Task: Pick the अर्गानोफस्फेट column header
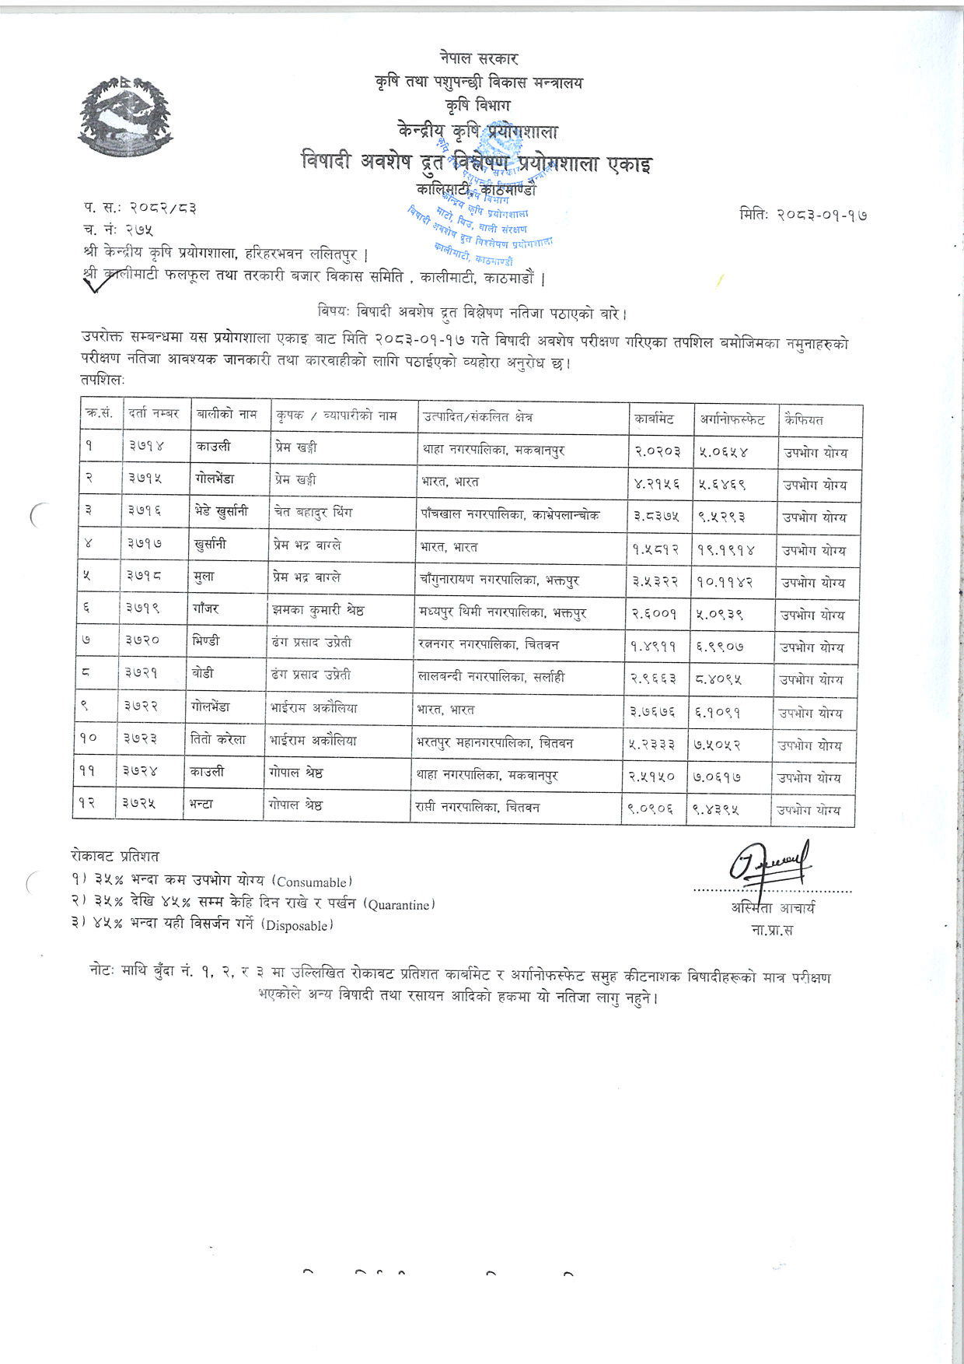pos(732,419)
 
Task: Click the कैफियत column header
pos(804,419)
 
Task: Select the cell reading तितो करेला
pos(218,740)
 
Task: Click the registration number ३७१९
pos(144,611)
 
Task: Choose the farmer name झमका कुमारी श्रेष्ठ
pos(318,611)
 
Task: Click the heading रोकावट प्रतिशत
pos(114,856)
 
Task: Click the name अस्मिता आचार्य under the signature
pos(772,907)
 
